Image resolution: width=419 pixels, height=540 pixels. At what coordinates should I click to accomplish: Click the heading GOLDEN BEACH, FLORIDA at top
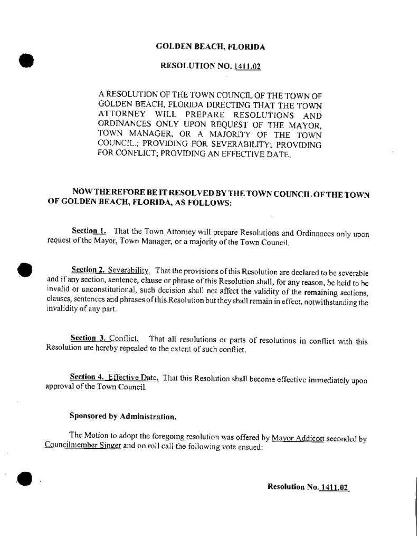click(210, 47)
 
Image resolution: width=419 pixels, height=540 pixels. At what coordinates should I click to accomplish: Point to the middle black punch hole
click(25, 269)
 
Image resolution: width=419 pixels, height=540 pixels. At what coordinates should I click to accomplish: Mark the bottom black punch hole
click(24, 478)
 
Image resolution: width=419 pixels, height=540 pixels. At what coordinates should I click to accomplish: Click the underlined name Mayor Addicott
click(297, 438)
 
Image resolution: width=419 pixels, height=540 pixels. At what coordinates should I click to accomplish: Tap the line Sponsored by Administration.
click(123, 416)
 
